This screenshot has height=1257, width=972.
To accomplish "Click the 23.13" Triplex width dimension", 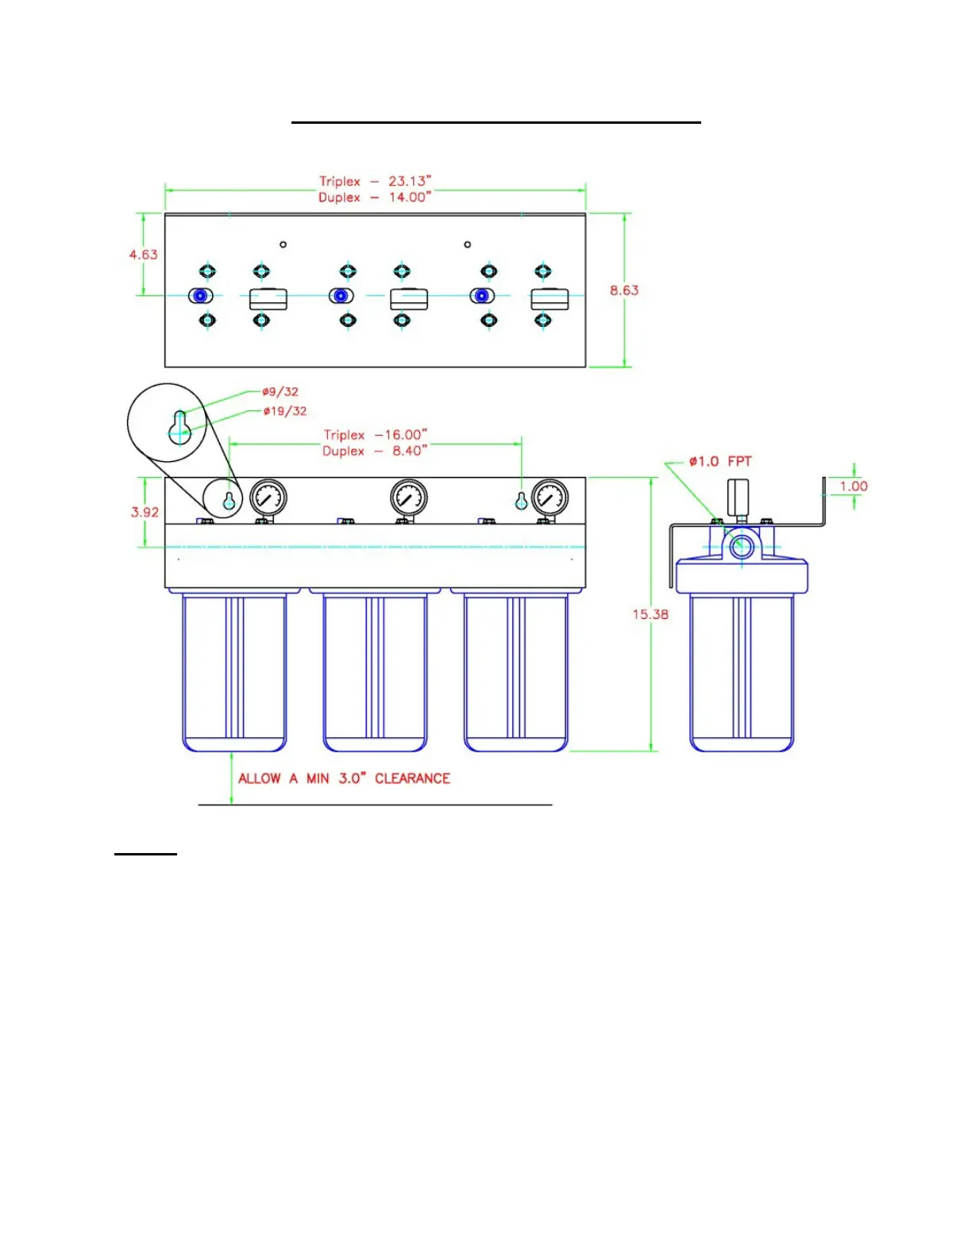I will pyautogui.click(x=376, y=181).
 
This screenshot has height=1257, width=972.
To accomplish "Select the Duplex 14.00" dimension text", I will pyautogui.click(x=375, y=197).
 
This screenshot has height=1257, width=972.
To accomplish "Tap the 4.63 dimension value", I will pyautogui.click(x=144, y=255).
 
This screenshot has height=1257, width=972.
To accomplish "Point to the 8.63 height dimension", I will pyautogui.click(x=624, y=290).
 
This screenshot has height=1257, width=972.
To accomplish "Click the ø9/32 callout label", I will pyautogui.click(x=280, y=391).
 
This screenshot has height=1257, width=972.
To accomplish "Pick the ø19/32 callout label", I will pyautogui.click(x=284, y=411).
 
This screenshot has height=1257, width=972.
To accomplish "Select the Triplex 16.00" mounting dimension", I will pyautogui.click(x=376, y=435).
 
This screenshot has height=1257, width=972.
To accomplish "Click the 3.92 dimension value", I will pyautogui.click(x=145, y=512).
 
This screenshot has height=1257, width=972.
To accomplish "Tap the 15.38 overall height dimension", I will pyautogui.click(x=650, y=614).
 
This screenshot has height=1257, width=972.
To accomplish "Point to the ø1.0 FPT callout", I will pyautogui.click(x=719, y=461).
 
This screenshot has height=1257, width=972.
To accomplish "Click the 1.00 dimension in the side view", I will pyautogui.click(x=854, y=486).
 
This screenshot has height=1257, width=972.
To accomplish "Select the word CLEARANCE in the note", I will pyautogui.click(x=412, y=778).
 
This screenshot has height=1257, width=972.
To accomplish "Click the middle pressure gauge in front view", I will pyautogui.click(x=409, y=498).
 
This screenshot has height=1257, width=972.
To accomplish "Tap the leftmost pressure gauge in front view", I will pyautogui.click(x=268, y=498).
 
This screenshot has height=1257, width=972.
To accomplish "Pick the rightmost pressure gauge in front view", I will pyautogui.click(x=550, y=498).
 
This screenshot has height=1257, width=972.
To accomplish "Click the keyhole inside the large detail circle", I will pyautogui.click(x=179, y=427).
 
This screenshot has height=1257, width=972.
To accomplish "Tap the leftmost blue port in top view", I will pyautogui.click(x=200, y=296).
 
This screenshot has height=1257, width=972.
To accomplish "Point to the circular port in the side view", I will pyautogui.click(x=742, y=546).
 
